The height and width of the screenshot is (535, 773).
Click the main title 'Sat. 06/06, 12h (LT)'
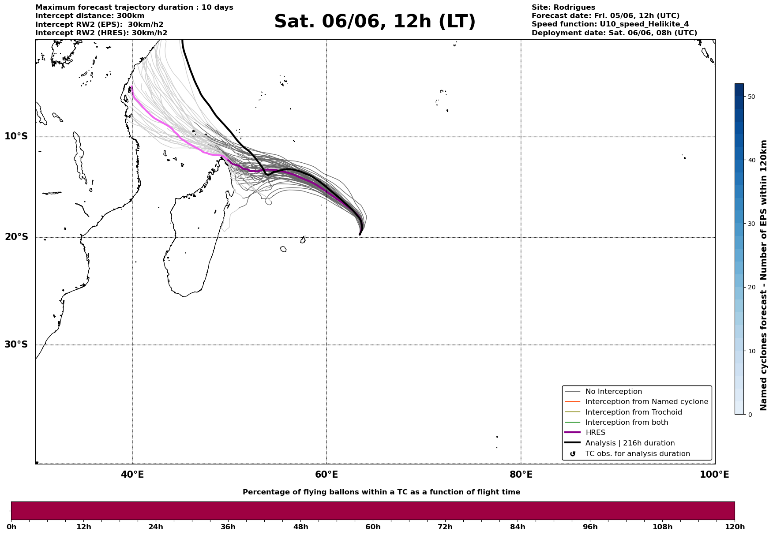click(375, 22)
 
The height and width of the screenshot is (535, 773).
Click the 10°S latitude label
click(16, 136)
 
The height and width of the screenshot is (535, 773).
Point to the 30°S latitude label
click(16, 344)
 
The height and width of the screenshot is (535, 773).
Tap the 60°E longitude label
click(326, 475)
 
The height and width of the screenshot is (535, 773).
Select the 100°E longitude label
click(714, 475)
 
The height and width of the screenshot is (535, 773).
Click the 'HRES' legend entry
click(595, 433)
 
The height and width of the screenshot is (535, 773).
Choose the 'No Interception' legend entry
click(614, 392)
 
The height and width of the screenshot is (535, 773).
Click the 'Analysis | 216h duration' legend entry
click(630, 443)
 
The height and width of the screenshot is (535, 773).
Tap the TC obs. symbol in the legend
click(573, 454)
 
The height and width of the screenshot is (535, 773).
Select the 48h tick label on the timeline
click(300, 527)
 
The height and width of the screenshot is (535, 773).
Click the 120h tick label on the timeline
click(734, 527)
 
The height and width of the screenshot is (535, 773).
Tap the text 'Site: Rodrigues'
click(563, 7)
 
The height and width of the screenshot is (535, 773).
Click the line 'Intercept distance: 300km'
click(90, 16)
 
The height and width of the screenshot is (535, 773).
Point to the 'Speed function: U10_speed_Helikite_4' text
click(610, 24)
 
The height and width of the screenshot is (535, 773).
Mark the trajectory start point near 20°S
click(360, 234)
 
